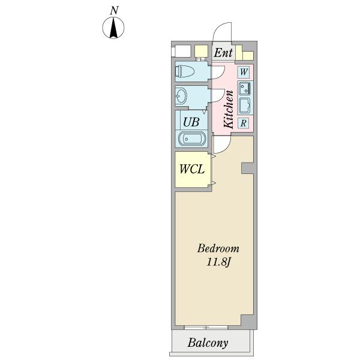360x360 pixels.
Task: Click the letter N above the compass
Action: pos(114,11)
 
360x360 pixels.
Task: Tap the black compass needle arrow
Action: pos(113,28)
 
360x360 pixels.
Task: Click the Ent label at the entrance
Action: pos(223,53)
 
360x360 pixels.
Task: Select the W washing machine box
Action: pos(244,72)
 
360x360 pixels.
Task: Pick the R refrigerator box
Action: pos(244,123)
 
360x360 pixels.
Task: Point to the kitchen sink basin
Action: pos(245,106)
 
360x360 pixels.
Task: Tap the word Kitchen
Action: pos(229,109)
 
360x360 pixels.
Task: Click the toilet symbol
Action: pos(185,71)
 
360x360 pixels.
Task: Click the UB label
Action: pos(191,122)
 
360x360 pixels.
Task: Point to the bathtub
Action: pos(192,139)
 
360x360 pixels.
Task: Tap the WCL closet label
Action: pos(192,169)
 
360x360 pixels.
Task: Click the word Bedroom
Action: pos(218,248)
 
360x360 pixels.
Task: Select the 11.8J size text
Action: pos(218,262)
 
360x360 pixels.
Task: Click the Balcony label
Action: pos(208,343)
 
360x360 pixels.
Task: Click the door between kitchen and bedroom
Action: pos(221,145)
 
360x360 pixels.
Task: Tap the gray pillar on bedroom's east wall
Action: pos(247,169)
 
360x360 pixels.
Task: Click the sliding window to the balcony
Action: pos(206,328)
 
